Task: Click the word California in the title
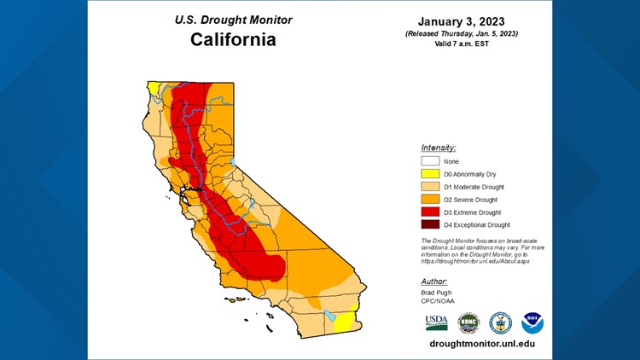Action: click(233, 39)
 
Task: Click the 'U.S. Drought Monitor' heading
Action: click(233, 20)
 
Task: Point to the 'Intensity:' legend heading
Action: click(439, 147)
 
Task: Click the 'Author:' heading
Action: click(434, 281)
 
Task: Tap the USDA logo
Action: click(436, 322)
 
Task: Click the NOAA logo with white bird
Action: click(532, 322)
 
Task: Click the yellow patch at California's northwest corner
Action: click(152, 87)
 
